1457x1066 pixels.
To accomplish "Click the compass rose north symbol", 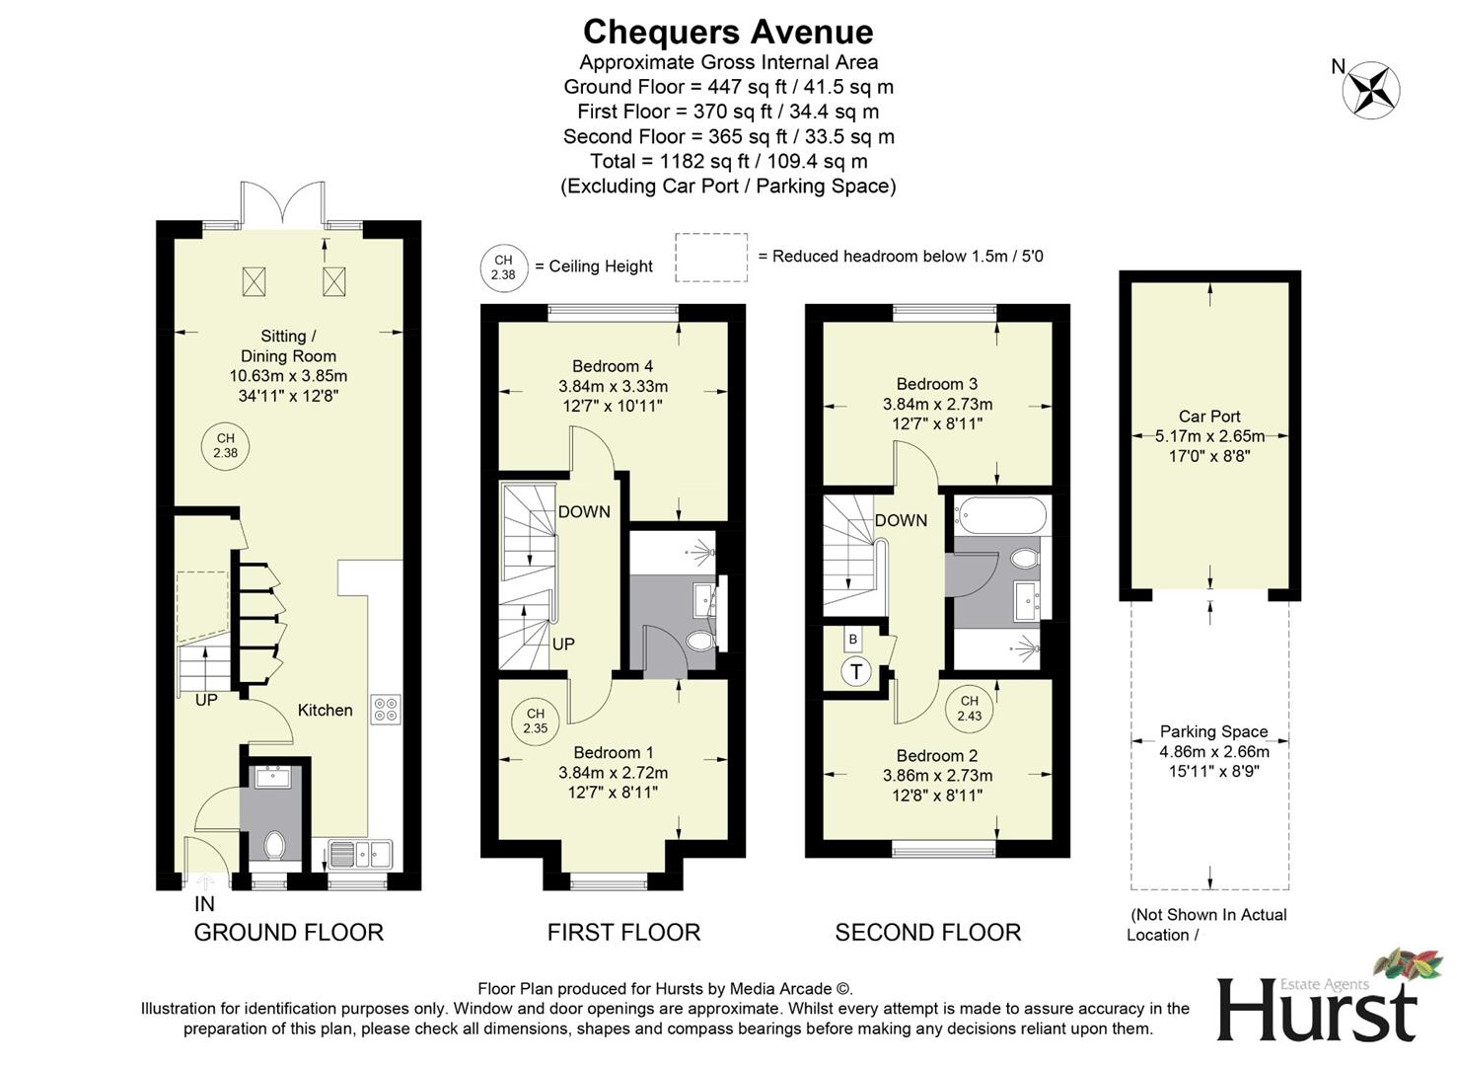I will (1370, 90).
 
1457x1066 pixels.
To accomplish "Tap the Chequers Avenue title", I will (728, 32).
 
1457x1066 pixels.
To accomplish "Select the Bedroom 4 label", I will (613, 366).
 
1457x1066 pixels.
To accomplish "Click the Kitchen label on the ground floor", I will (325, 710).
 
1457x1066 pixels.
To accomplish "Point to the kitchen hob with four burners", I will (386, 709).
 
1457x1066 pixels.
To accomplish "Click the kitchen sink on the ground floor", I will (360, 852).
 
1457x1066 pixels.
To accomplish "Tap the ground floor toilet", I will (274, 845).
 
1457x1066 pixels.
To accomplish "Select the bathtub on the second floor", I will (1001, 515).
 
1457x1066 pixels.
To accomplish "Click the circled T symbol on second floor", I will (856, 672).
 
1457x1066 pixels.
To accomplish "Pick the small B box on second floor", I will (853, 640).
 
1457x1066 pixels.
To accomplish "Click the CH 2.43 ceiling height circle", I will (969, 709).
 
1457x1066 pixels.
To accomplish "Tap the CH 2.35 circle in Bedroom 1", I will (535, 721).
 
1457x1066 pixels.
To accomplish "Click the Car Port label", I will (1209, 417).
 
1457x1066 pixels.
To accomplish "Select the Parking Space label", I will (1213, 731).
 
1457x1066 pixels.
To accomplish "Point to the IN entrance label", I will (204, 903).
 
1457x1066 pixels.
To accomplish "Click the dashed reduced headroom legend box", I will (711, 257).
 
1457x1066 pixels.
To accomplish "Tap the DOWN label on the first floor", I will (584, 511).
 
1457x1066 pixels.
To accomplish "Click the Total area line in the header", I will (728, 161).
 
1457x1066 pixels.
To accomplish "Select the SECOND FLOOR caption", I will (927, 932).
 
